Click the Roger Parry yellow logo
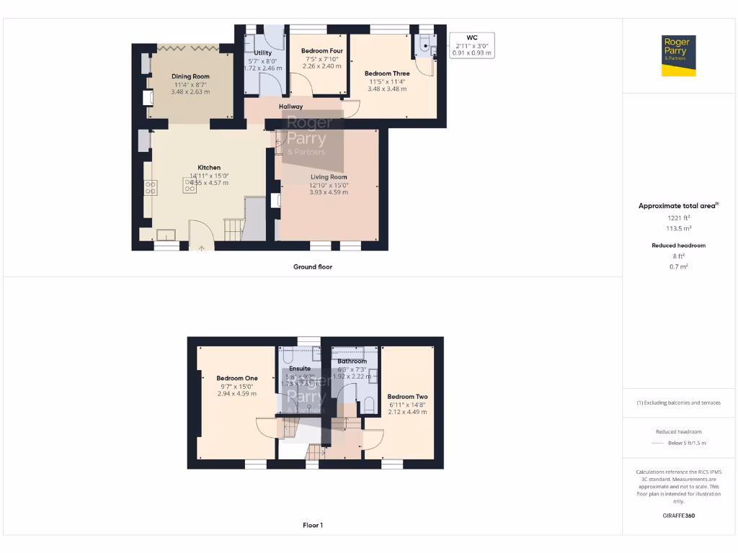click(x=679, y=55)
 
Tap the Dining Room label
click(x=190, y=76)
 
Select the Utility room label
click(x=262, y=53)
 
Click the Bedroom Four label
click(x=321, y=51)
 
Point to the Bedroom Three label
click(x=387, y=73)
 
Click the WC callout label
click(x=472, y=37)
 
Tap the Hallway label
click(x=291, y=107)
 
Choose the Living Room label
click(x=329, y=176)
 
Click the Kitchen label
click(x=209, y=167)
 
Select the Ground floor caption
click(x=312, y=266)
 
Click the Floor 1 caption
click(x=313, y=525)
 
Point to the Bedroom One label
click(x=237, y=378)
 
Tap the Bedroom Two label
click(x=407, y=397)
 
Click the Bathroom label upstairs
click(x=352, y=361)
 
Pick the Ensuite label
click(x=300, y=368)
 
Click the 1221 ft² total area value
click(x=678, y=217)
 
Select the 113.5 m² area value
click(x=678, y=228)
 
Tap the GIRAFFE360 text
click(x=678, y=516)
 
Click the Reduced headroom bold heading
click(x=678, y=246)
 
